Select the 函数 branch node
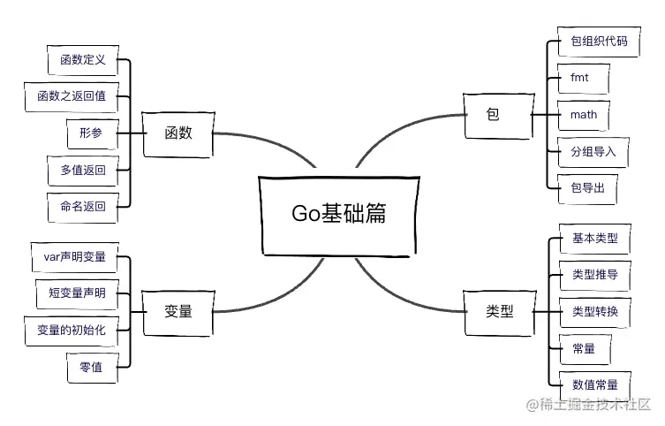[178, 133]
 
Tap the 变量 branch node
[178, 311]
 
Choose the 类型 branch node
[499, 311]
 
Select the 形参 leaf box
[90, 133]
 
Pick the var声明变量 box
[74, 256]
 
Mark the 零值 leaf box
[90, 366]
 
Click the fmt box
[580, 79]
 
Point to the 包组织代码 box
[598, 42]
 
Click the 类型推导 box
[594, 275]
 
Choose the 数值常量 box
[594, 384]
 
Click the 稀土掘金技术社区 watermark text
[593, 406]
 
